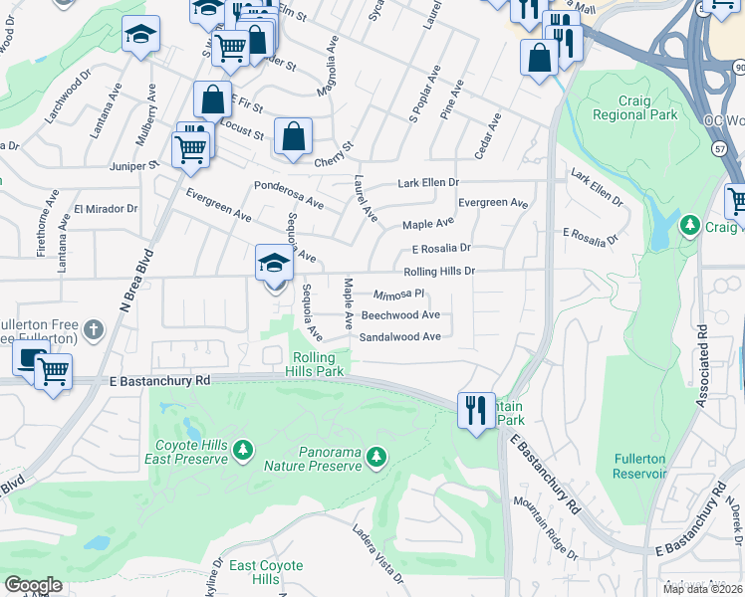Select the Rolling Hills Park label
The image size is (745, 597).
point(318,364)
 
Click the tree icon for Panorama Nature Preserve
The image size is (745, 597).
point(375,457)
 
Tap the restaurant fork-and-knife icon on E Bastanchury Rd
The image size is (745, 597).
point(475,408)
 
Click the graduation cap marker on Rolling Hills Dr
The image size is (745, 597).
point(274,264)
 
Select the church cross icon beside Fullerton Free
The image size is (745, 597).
point(94,327)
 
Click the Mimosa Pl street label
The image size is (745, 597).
point(399,295)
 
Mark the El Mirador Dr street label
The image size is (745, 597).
point(106,209)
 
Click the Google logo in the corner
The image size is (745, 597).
point(33,585)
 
